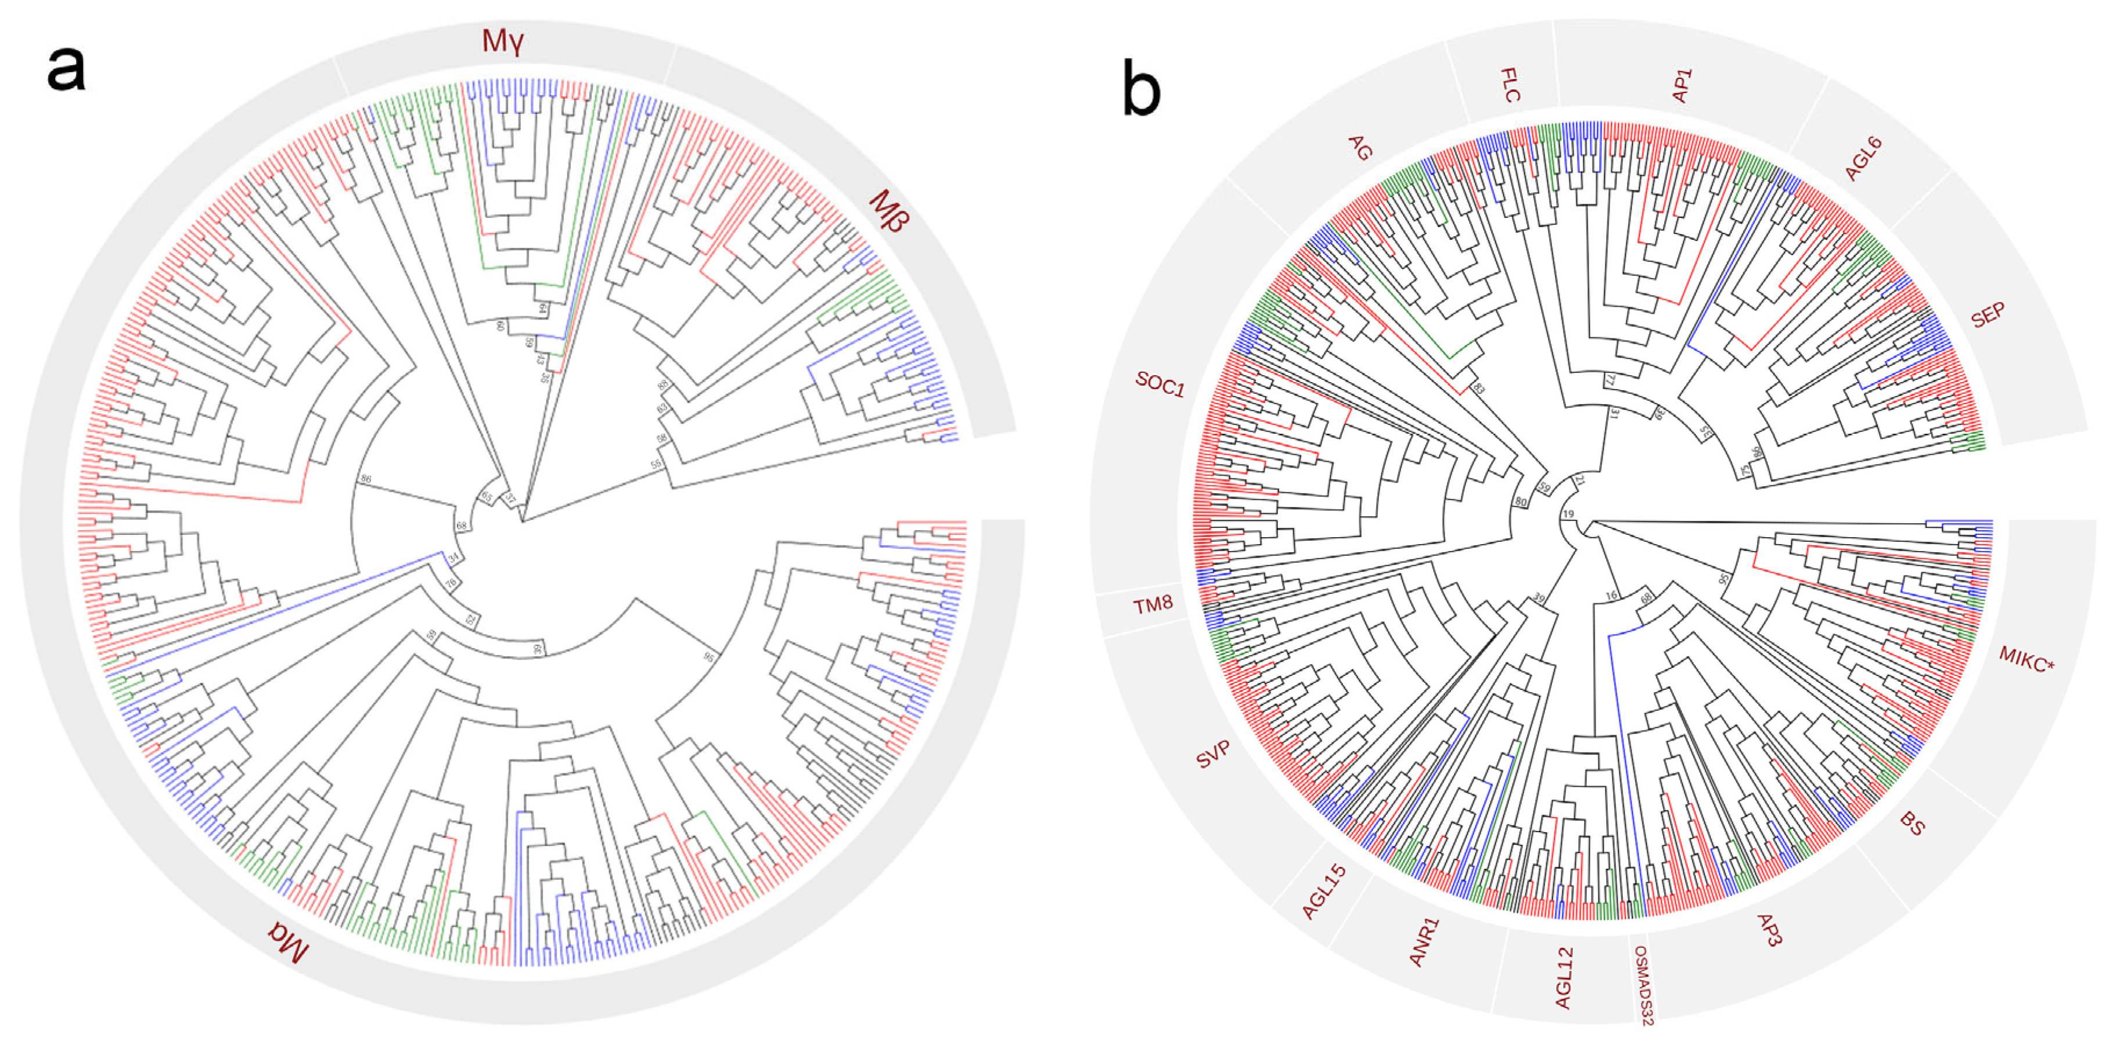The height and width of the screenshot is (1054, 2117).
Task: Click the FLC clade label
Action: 1510,85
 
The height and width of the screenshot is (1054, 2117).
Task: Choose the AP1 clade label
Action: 1682,85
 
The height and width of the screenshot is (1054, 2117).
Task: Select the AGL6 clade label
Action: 1863,159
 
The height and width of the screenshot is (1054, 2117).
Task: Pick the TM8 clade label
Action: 1152,605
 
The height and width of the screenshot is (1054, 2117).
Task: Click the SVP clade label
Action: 1213,753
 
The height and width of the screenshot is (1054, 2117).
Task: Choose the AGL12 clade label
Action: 1564,979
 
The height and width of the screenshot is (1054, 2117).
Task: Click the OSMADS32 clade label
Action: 1642,985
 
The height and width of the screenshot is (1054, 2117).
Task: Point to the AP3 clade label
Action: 1769,930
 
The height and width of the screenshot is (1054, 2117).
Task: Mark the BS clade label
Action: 1911,823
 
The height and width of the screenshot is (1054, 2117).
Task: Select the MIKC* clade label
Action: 2026,659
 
